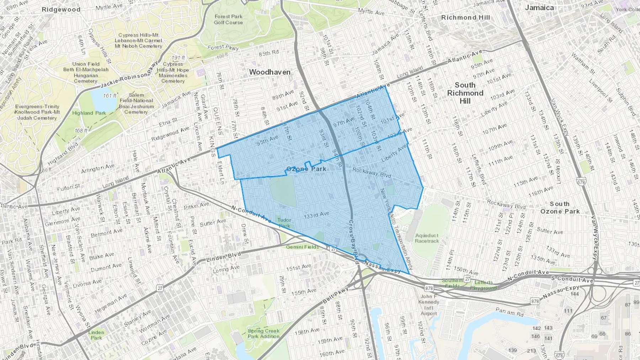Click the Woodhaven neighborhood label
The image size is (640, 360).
(x=270, y=72)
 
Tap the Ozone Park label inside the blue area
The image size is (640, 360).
(x=306, y=169)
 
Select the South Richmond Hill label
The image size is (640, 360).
(x=465, y=93)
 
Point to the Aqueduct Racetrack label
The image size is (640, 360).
(x=427, y=238)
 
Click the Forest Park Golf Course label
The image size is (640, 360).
(x=228, y=20)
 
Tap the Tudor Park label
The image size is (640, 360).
(x=284, y=223)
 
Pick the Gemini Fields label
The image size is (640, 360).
(x=302, y=247)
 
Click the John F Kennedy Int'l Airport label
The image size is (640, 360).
(x=429, y=305)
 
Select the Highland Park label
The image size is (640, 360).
(x=89, y=113)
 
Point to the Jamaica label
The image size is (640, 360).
(x=539, y=8)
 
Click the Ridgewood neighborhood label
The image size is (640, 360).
(x=61, y=10)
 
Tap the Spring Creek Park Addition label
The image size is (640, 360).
(x=263, y=333)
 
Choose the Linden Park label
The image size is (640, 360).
(x=96, y=335)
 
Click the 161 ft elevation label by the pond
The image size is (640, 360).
(x=110, y=96)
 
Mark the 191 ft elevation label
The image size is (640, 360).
(x=178, y=58)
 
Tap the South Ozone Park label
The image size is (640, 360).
(x=560, y=208)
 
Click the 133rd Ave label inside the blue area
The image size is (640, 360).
(x=316, y=215)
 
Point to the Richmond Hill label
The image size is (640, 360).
(x=465, y=17)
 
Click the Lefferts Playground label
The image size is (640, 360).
(x=483, y=285)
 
